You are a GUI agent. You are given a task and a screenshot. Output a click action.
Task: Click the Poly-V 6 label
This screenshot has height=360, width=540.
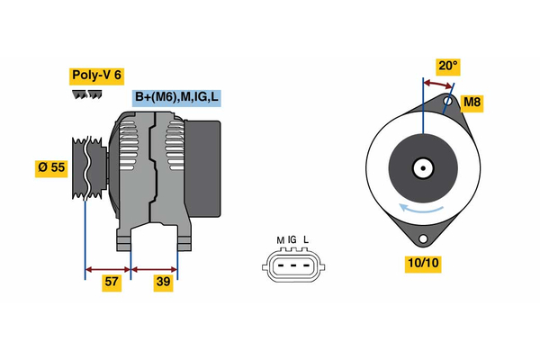click(x=97, y=76)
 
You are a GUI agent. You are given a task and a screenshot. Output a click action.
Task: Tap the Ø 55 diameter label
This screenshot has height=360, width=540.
click(x=52, y=167)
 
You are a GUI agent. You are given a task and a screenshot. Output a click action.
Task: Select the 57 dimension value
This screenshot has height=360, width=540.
click(x=112, y=283)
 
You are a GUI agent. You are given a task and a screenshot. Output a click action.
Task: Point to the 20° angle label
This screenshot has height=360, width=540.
click(x=447, y=66)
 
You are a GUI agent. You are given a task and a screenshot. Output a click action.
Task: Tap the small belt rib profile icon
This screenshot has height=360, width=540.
click(x=86, y=95)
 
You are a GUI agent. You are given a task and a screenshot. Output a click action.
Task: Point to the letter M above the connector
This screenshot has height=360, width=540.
click(x=280, y=240)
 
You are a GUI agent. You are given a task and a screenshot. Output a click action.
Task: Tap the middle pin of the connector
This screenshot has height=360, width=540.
click(x=292, y=265)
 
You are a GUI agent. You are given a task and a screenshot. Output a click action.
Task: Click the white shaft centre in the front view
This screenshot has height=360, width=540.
click(x=421, y=167)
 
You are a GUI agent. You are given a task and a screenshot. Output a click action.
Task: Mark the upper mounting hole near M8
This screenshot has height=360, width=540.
click(x=448, y=101)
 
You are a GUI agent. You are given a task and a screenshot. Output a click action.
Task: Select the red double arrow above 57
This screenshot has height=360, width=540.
click(x=108, y=267)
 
